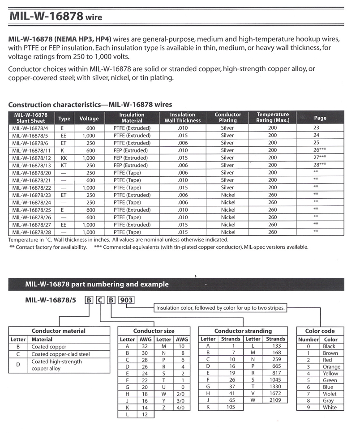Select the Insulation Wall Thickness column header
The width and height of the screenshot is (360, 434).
(x=182, y=118)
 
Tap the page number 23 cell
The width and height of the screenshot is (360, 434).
(x=317, y=128)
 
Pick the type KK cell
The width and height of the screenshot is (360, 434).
(x=64, y=157)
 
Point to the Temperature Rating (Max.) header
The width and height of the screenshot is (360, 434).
(x=273, y=118)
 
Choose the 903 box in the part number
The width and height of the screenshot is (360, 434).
(x=127, y=300)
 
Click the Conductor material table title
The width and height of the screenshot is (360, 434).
(x=59, y=331)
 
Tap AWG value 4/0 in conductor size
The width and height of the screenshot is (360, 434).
(x=182, y=408)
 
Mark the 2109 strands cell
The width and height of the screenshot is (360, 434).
(x=275, y=400)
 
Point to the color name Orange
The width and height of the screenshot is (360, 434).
(x=331, y=367)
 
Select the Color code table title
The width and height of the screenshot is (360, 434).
(x=320, y=331)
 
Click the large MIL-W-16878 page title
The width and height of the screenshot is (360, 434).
(x=56, y=17)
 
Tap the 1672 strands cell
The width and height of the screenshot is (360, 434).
(x=275, y=394)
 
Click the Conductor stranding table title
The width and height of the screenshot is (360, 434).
(x=243, y=331)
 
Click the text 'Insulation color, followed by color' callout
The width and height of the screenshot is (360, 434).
(x=220, y=308)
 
